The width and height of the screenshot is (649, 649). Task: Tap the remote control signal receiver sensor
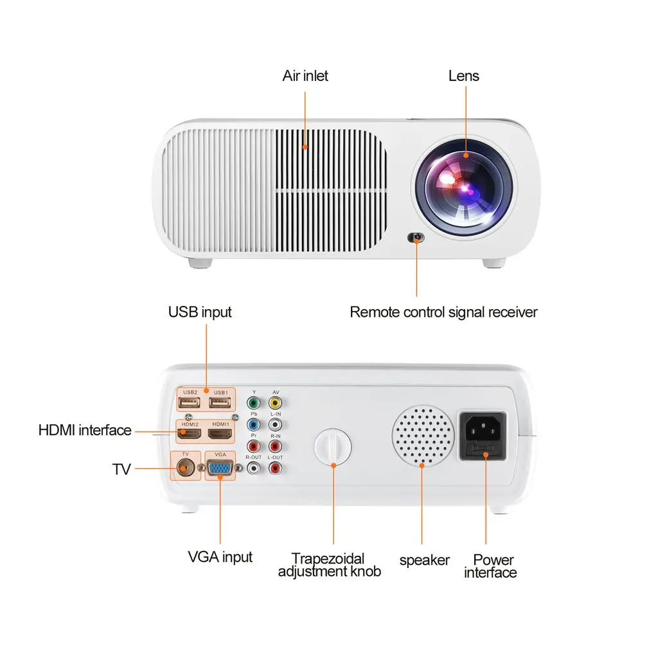(416, 238)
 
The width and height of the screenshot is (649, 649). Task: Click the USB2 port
(190, 403)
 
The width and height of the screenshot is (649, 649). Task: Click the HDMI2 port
(190, 435)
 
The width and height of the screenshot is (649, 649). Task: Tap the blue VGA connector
(220, 470)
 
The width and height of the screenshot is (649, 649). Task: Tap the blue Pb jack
(254, 425)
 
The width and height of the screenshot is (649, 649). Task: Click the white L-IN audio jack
(275, 425)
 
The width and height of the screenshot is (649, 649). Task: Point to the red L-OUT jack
(275, 469)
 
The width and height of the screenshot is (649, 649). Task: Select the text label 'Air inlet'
(305, 76)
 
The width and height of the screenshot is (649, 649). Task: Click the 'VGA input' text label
(220, 556)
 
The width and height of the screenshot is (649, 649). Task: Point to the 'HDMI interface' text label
(85, 430)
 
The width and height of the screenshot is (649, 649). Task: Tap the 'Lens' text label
(463, 76)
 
